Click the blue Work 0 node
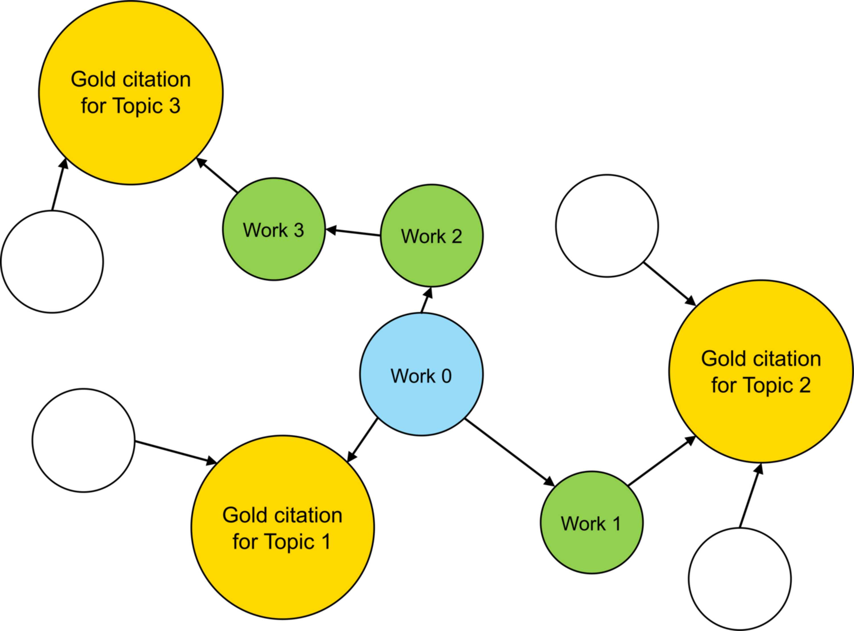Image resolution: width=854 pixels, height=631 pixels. tap(421, 374)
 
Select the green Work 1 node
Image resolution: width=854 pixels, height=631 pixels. tap(592, 522)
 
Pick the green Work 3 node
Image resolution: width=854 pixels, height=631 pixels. tap(274, 229)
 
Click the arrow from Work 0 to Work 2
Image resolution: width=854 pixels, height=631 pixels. tap(426, 300)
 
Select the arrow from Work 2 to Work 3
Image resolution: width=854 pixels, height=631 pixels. tap(353, 233)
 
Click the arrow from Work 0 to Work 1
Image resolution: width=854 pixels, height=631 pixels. tap(510, 452)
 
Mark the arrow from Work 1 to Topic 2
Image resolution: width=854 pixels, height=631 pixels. tap(662, 461)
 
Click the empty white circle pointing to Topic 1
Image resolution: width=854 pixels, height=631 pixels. tap(83, 440)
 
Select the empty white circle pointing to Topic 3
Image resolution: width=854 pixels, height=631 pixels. tap(52, 262)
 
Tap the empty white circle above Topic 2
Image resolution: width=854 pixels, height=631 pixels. tap(607, 226)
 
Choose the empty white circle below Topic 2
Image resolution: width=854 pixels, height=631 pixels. tap(740, 579)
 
